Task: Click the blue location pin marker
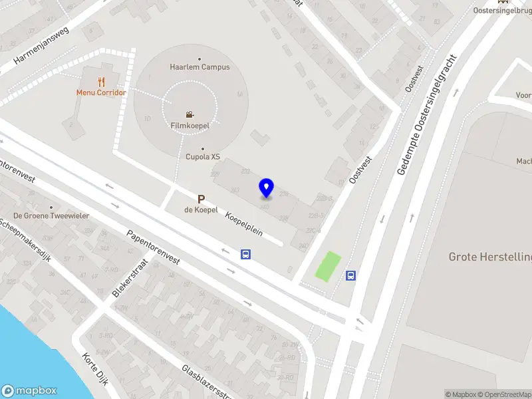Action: pyautogui.click(x=267, y=188)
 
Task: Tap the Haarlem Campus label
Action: pyautogui.click(x=199, y=67)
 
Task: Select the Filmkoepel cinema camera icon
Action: pyautogui.click(x=190, y=114)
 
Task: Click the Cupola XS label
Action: pyautogui.click(x=202, y=157)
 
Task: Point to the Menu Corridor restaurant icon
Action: pyautogui.click(x=101, y=82)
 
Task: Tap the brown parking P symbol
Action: pyautogui.click(x=201, y=199)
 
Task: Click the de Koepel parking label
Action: pyautogui.click(x=201, y=210)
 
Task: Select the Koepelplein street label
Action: pyautogui.click(x=243, y=224)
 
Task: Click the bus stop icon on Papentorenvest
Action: pyautogui.click(x=245, y=254)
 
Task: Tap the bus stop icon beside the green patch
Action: pyautogui.click(x=350, y=275)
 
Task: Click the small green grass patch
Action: pyautogui.click(x=327, y=266)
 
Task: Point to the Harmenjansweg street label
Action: pyautogui.click(x=41, y=51)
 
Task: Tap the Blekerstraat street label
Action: pyautogui.click(x=130, y=278)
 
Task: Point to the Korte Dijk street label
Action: pyautogui.click(x=94, y=368)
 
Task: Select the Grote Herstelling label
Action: pyautogui.click(x=490, y=257)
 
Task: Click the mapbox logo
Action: pyautogui.click(x=29, y=391)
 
